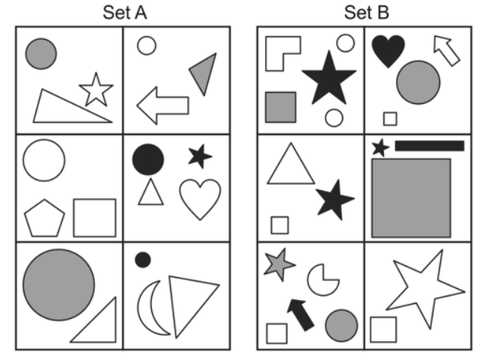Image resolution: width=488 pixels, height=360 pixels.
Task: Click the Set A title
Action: point(123,12)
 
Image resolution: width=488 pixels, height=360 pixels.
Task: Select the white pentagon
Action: point(45,218)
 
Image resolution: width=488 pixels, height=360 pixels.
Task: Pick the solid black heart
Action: point(388,50)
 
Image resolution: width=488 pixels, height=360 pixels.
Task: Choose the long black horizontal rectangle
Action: point(429,145)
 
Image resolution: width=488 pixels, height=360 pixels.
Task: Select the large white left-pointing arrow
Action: point(162,105)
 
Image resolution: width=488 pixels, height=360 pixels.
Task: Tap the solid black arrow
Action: point(300,314)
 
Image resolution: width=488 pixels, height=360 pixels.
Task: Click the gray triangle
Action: point(204,73)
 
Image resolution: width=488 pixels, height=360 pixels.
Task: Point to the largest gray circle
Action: point(58,285)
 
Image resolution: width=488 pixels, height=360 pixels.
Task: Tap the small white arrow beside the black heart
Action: point(446,51)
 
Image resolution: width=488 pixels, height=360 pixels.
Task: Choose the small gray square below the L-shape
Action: point(281,106)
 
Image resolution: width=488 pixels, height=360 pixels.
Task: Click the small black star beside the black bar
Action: point(380,147)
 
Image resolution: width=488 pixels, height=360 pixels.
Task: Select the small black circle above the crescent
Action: point(143,260)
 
